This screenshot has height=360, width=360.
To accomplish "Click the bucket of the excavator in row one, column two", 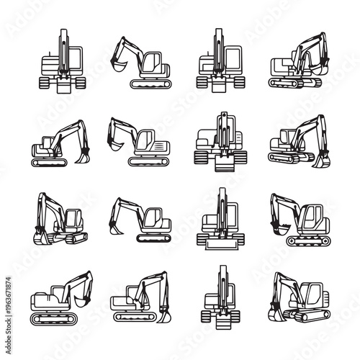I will [117, 66].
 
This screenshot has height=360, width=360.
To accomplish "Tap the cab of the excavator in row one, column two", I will [153, 63].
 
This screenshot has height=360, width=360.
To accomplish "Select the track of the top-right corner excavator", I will [295, 83].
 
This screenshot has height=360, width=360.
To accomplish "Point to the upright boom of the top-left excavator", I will [63, 50].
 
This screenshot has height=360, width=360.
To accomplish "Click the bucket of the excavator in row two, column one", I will [84, 153].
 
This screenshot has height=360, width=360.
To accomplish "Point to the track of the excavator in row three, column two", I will [152, 238].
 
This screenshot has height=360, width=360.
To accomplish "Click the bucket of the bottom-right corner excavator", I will [274, 313].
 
